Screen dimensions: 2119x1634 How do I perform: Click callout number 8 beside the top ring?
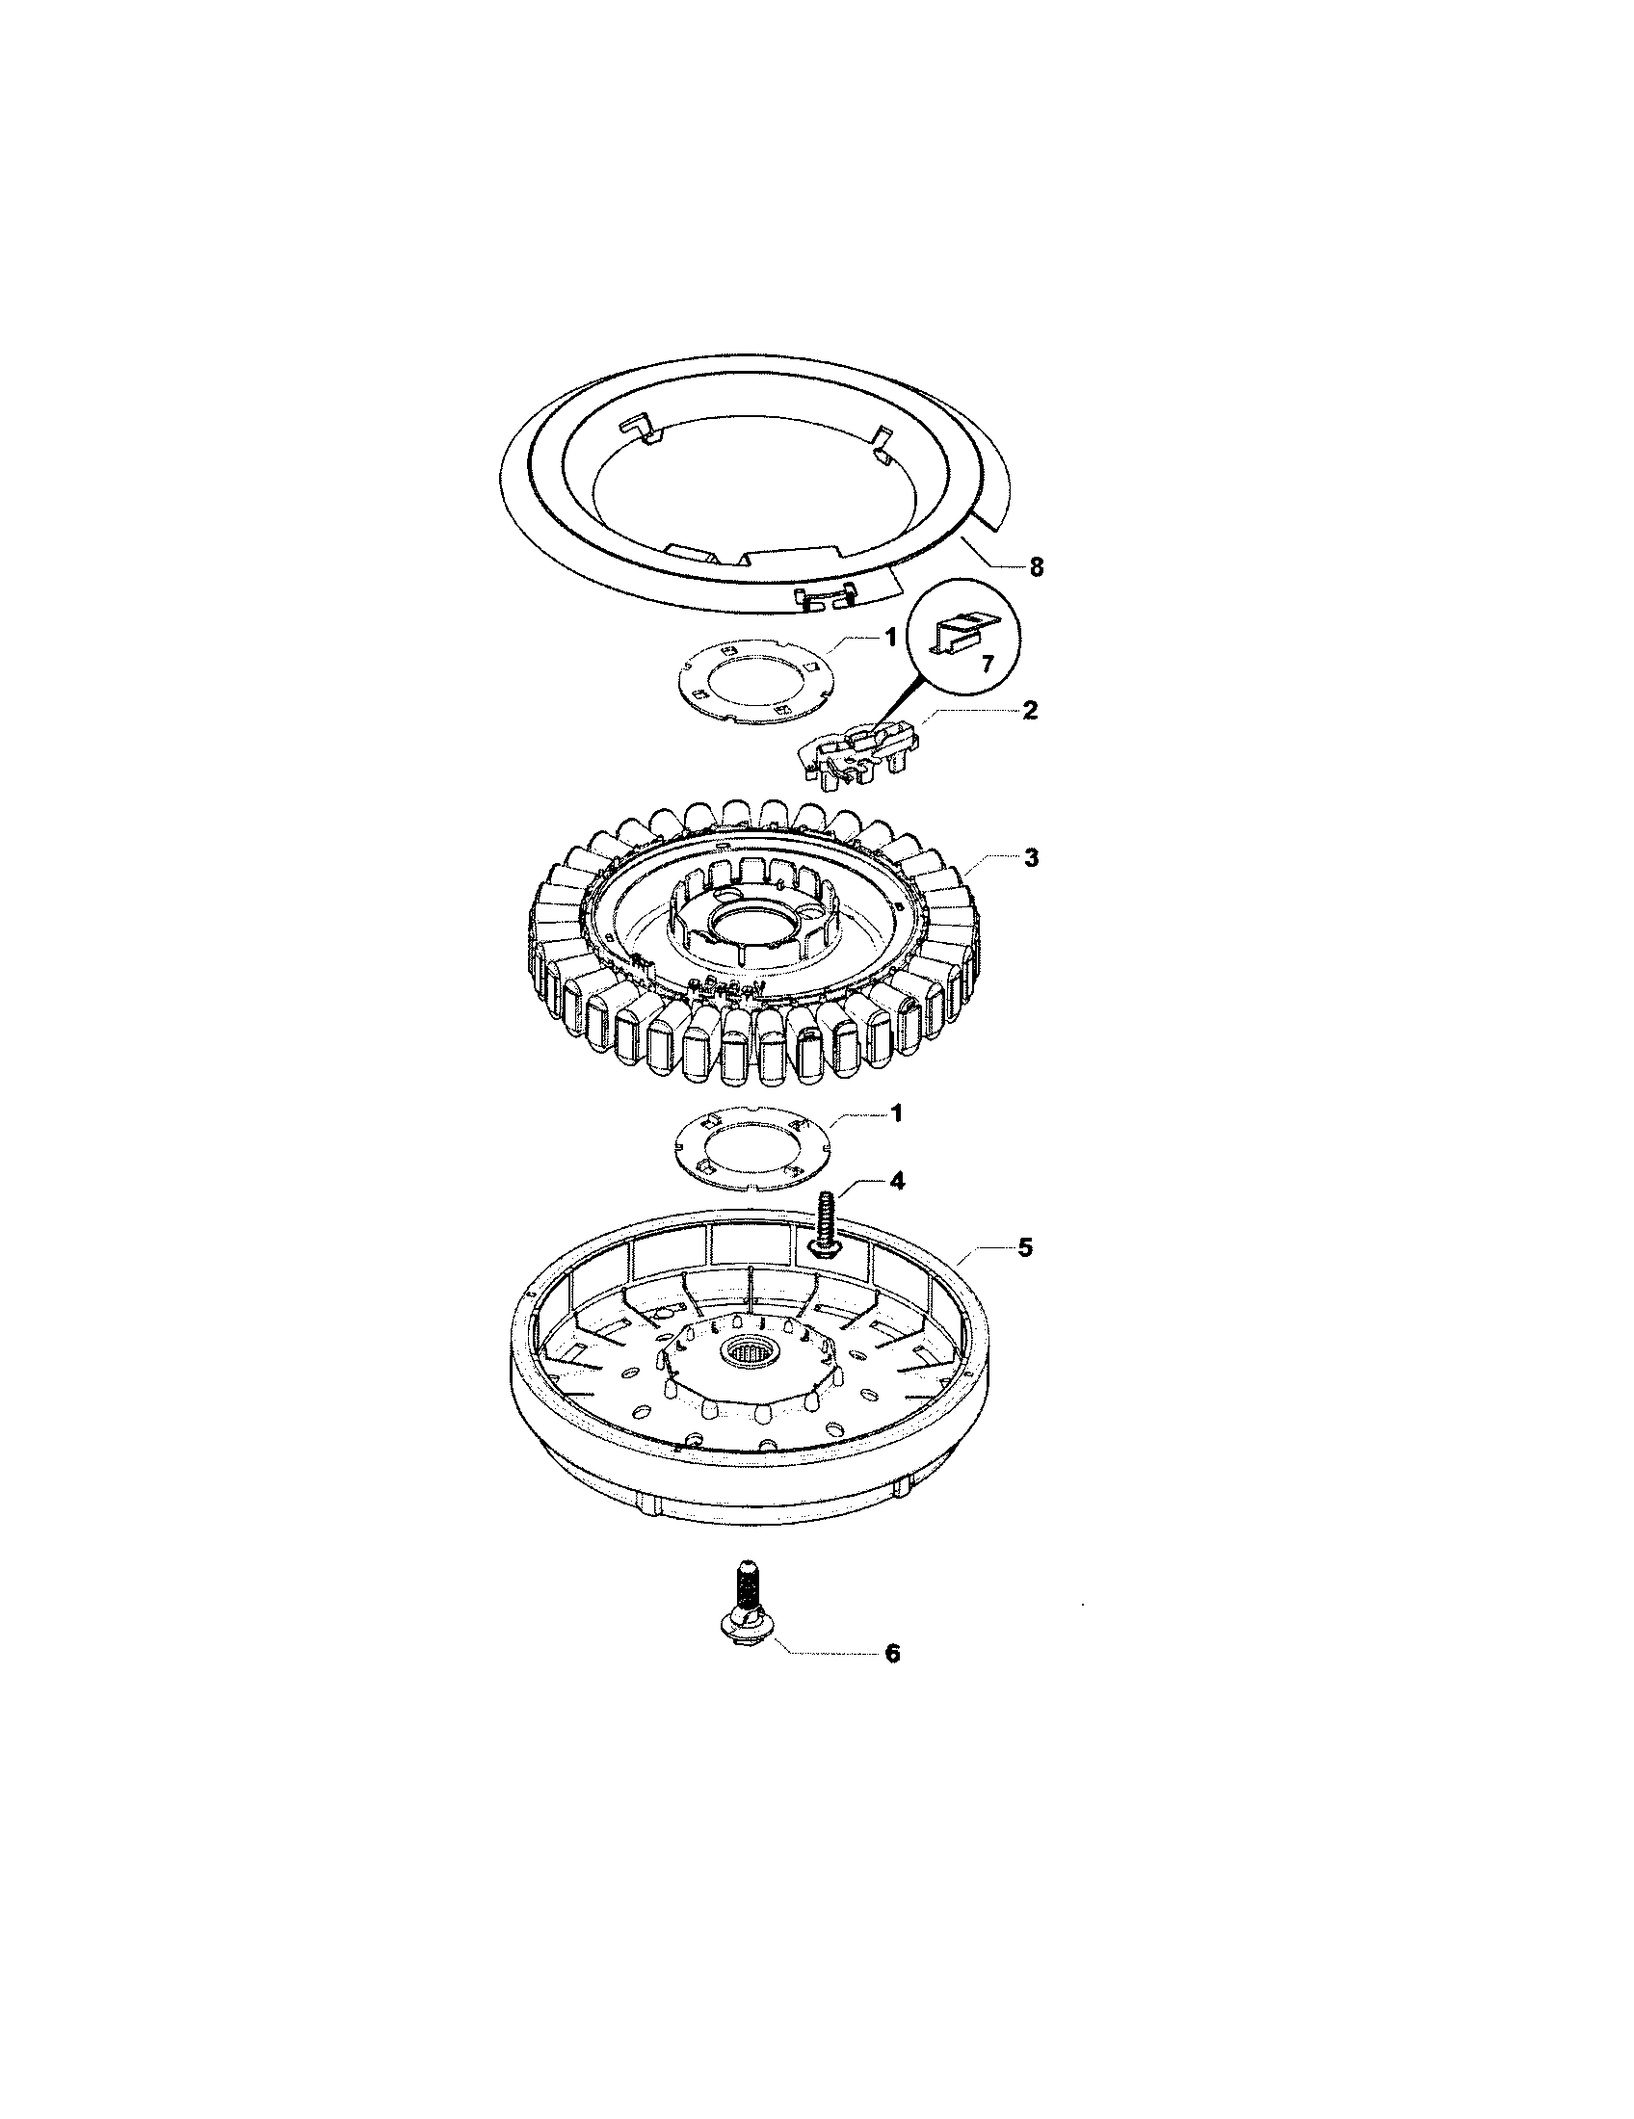(1037, 567)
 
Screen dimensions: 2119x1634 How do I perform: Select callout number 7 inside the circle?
(988, 665)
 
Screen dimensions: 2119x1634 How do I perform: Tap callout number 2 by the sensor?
(1030, 710)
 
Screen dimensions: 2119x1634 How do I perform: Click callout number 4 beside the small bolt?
(898, 1181)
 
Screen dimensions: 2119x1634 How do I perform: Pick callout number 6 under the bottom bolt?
(892, 1653)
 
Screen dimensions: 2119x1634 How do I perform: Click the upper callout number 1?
(890, 641)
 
